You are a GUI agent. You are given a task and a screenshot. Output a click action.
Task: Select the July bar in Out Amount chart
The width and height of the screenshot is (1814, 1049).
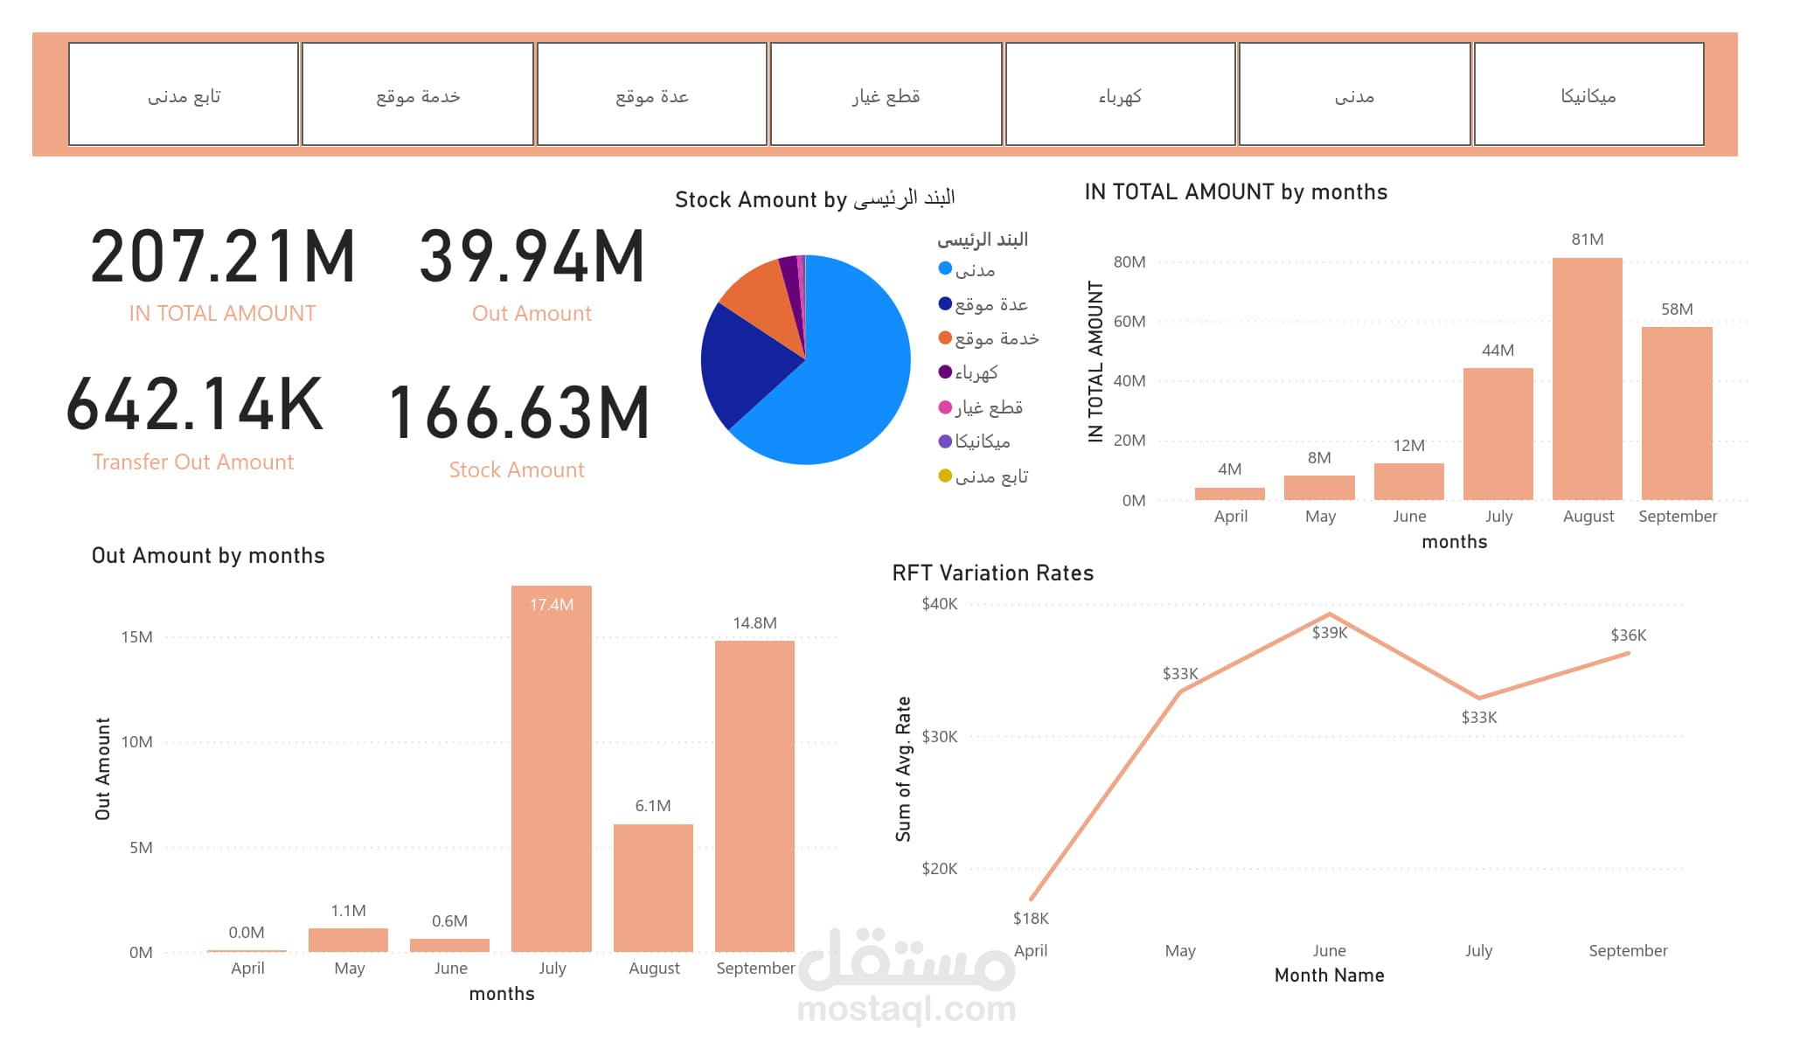[551, 769]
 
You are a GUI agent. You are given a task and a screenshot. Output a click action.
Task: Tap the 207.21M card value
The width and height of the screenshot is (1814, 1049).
[224, 256]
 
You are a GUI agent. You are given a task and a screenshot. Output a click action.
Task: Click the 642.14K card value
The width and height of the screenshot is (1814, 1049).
[195, 404]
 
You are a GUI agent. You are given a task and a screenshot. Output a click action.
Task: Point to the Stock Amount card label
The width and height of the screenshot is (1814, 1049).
[517, 470]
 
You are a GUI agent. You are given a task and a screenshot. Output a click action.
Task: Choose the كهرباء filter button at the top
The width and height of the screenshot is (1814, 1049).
[1120, 94]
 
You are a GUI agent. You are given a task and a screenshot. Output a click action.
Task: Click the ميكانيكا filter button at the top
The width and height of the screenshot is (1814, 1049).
[1588, 94]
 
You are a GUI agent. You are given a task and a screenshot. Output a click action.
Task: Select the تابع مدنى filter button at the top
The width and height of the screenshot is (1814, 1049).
[184, 94]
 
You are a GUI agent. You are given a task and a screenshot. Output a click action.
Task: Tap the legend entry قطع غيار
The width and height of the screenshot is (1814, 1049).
[988, 407]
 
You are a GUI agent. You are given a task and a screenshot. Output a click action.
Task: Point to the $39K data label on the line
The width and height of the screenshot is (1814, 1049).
[1330, 633]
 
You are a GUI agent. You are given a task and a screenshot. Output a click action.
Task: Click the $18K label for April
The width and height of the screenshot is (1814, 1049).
[1031, 918]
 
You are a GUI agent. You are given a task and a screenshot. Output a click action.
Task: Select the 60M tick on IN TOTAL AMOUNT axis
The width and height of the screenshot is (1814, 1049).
[1129, 322]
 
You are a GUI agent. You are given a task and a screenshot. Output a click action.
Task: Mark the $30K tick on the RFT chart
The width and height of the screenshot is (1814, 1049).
[939, 737]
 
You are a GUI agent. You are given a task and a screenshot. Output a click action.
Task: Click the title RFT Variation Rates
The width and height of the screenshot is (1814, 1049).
[992, 573]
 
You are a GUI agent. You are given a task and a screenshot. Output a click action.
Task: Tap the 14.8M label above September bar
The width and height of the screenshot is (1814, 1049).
[754, 623]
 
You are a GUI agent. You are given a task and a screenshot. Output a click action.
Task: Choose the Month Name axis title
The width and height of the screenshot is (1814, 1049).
[1329, 976]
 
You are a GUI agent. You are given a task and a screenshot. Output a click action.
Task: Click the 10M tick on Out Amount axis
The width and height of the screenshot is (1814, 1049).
[136, 742]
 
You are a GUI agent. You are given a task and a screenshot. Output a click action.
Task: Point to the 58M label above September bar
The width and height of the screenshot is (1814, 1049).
[1677, 309]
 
